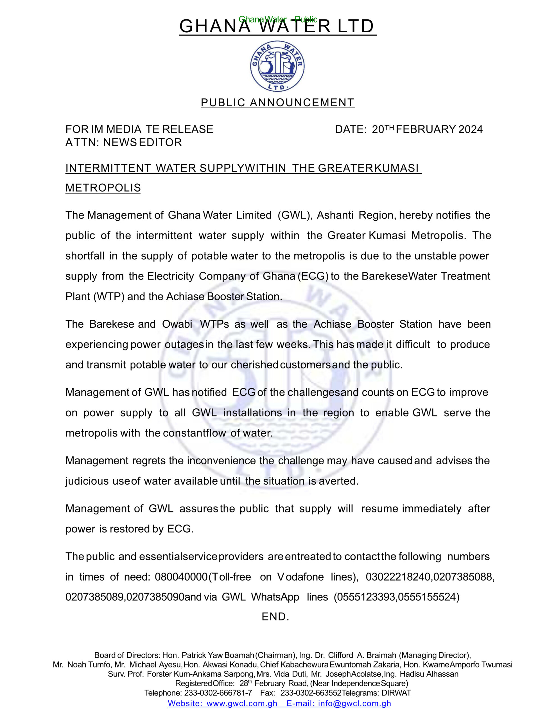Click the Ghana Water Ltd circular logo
[x=277, y=66]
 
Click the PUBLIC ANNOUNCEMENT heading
[x=277, y=103]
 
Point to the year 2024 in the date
[x=470, y=129]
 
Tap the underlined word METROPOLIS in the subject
[x=103, y=188]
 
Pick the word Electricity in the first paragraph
[x=170, y=276]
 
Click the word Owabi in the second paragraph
[x=177, y=324]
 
